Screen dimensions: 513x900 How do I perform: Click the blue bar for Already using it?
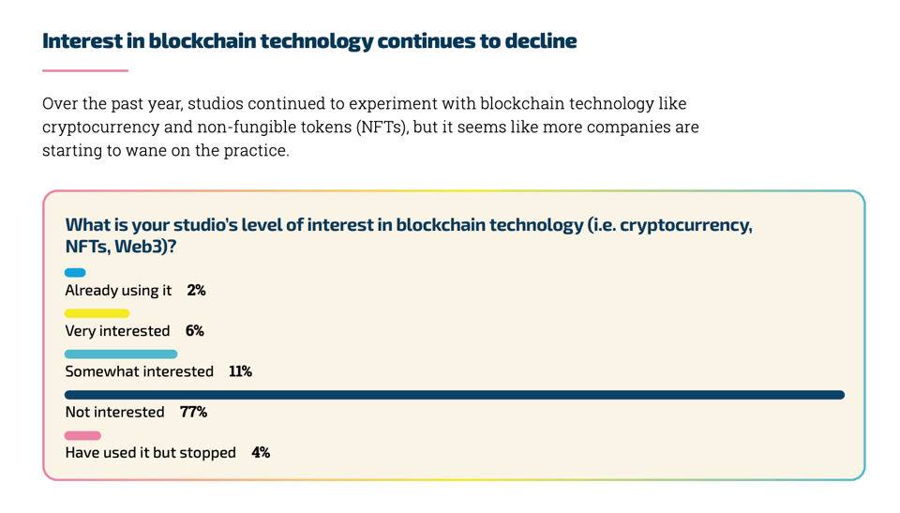pyautogui.click(x=75, y=273)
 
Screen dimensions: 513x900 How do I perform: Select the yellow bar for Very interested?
pyautogui.click(x=97, y=313)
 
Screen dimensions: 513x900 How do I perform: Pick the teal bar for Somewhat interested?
pyautogui.click(x=121, y=355)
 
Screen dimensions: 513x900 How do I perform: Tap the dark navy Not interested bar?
pyautogui.click(x=455, y=395)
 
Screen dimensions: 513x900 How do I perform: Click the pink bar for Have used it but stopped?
pyautogui.click(x=82, y=435)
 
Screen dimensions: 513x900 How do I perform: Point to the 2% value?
pyautogui.click(x=196, y=291)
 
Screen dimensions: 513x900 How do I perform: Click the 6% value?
pyautogui.click(x=194, y=331)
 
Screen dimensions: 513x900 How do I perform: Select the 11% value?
pyautogui.click(x=240, y=371)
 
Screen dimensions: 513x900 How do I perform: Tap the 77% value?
pyautogui.click(x=193, y=412)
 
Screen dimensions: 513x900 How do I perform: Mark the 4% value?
pyautogui.click(x=261, y=453)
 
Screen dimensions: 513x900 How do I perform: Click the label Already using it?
pyautogui.click(x=118, y=291)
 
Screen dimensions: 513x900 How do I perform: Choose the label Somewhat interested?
pyautogui.click(x=139, y=371)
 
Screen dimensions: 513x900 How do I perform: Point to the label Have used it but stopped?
pyautogui.click(x=150, y=453)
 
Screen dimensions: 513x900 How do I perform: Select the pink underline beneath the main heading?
pyautogui.click(x=85, y=70)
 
